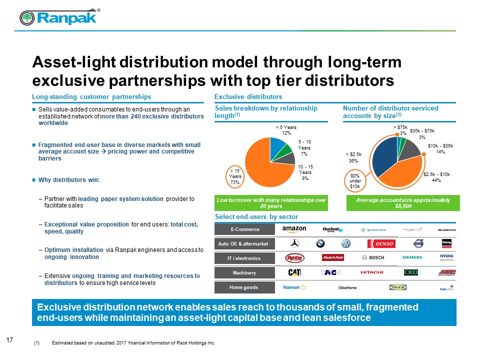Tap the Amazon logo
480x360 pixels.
(294, 229)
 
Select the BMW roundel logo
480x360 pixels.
(320, 243)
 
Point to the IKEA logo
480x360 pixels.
(398, 287)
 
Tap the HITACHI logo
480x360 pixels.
(371, 272)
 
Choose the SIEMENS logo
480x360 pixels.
(412, 258)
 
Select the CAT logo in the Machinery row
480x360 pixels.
(294, 272)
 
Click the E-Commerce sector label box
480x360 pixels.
(244, 229)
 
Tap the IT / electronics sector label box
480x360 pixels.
(244, 258)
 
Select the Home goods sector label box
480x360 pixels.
(244, 287)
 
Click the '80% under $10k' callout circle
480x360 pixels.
(355, 179)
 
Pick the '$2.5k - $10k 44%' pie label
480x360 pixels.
(436, 177)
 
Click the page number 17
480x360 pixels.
(9, 340)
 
